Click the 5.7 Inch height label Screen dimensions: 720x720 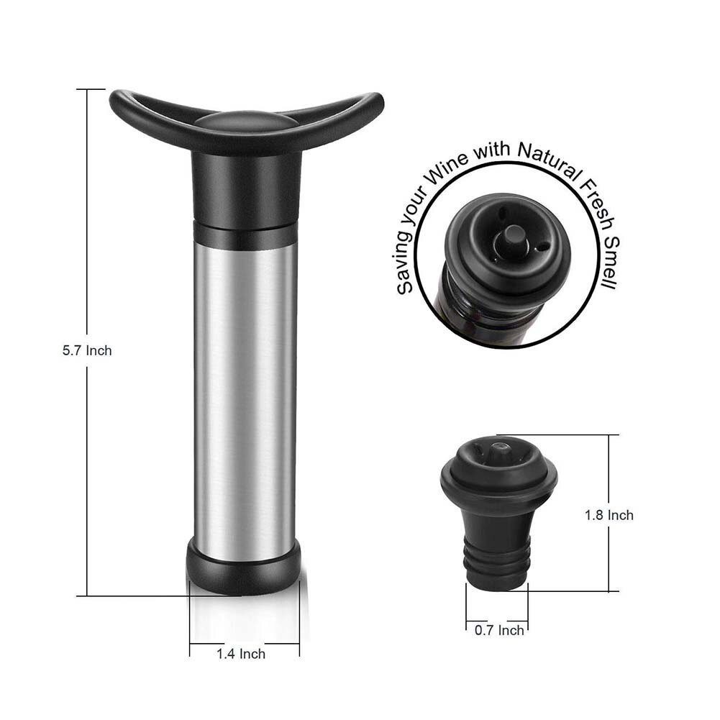pyautogui.click(x=87, y=351)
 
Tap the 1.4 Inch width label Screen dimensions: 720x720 pyautogui.click(x=241, y=654)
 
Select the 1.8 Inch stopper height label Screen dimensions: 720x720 pyautogui.click(x=609, y=515)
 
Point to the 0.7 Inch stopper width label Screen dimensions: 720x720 pyautogui.click(x=499, y=630)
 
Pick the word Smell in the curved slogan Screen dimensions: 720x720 pyautogui.click(x=611, y=263)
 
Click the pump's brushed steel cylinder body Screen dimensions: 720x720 pyautogui.click(x=246, y=395)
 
